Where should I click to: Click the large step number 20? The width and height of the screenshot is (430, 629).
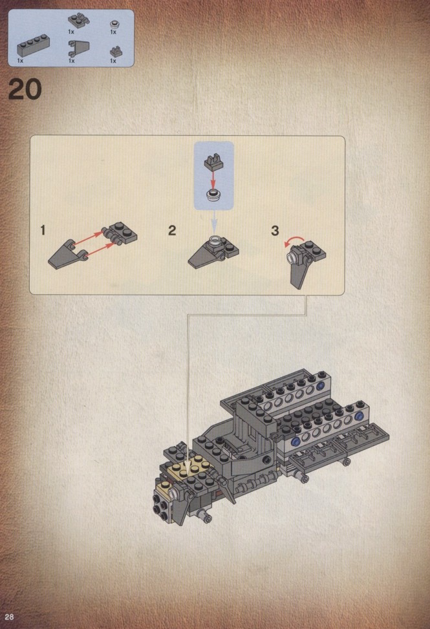tap(25, 89)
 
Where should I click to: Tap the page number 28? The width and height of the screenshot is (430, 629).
tap(10, 617)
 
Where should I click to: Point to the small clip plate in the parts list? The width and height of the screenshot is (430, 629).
tap(116, 52)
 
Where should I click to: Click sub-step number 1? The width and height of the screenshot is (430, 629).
tap(43, 230)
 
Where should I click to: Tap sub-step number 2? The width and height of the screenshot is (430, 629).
tap(172, 230)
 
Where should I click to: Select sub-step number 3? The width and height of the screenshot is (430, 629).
tap(275, 230)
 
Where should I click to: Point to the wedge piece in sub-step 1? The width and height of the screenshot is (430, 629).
tap(67, 254)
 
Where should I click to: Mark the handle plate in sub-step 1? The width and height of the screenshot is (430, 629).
tap(120, 233)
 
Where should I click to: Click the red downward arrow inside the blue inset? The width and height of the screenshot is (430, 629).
tap(214, 177)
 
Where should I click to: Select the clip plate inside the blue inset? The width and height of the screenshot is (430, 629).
tap(213, 161)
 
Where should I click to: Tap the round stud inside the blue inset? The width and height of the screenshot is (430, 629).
tap(214, 194)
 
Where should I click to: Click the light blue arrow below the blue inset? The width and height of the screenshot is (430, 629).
tap(214, 222)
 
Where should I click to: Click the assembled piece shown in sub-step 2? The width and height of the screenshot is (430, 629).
tap(214, 252)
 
